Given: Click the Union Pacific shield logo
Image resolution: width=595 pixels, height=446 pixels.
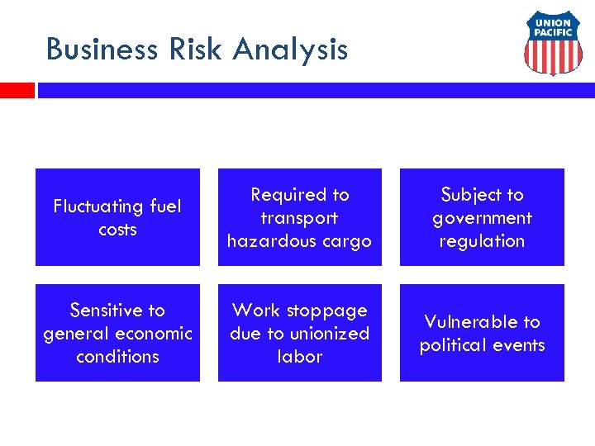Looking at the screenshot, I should (x=553, y=43).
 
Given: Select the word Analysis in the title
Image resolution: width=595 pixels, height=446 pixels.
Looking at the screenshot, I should (x=290, y=50).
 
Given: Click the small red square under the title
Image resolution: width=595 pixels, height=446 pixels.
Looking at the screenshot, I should (x=17, y=90).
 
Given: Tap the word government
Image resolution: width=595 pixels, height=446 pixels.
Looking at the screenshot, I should (x=482, y=218).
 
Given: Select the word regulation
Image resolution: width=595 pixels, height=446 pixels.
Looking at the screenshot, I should (x=482, y=241).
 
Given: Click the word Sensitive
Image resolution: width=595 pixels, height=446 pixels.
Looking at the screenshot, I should (x=106, y=311).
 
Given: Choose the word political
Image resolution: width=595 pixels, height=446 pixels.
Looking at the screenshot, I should (x=457, y=345).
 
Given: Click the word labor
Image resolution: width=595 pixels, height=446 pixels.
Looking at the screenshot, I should (x=299, y=357).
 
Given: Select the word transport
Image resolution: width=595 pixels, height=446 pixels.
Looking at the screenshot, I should (x=299, y=218).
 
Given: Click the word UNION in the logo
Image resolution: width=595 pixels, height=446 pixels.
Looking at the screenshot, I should (x=553, y=23).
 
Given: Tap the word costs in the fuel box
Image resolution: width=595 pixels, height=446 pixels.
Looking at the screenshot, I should (x=117, y=230).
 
